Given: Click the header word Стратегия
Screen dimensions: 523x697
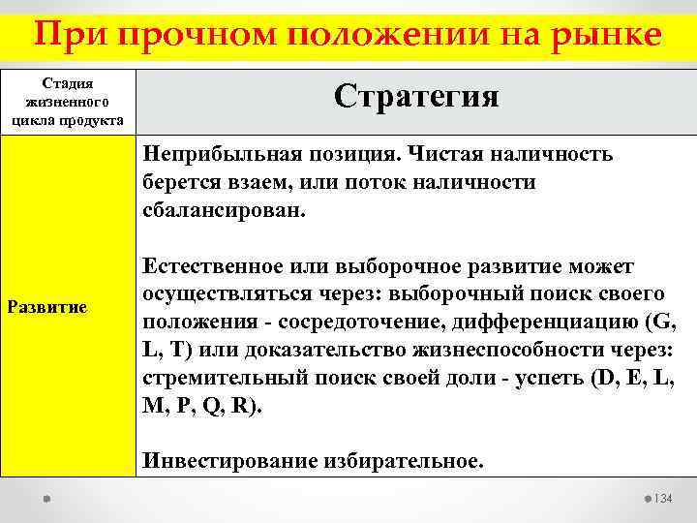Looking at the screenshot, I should (x=416, y=96).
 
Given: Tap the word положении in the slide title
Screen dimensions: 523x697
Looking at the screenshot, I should (x=375, y=36).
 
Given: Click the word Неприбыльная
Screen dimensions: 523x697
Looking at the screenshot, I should (x=210, y=155).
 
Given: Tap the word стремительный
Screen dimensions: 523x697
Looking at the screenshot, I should (x=219, y=377).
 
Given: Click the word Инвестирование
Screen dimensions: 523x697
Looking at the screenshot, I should (x=219, y=460).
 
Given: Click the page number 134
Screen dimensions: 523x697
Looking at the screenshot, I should (x=661, y=498).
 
